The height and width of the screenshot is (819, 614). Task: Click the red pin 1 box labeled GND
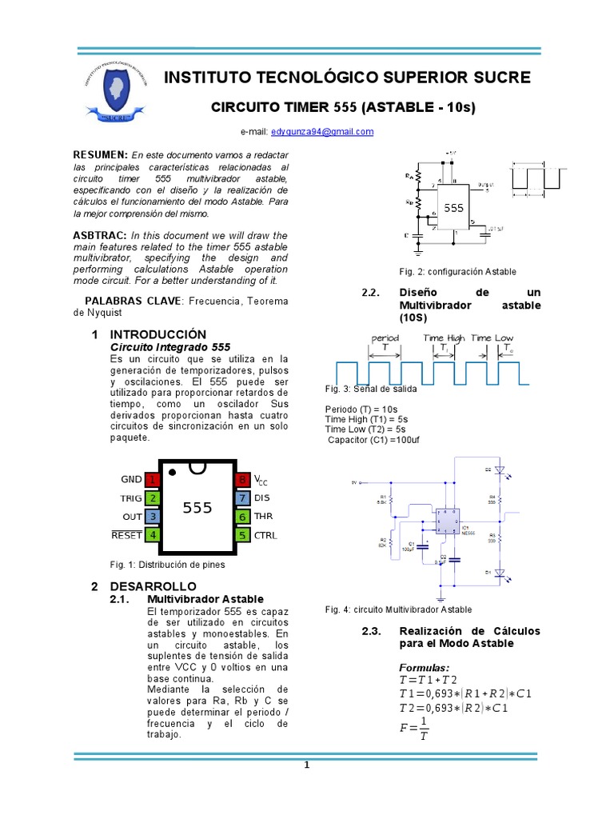pos(152,480)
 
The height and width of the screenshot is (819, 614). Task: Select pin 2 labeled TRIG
pos(152,498)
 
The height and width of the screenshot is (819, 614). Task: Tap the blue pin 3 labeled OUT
pos(152,517)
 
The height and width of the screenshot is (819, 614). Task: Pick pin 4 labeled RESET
pos(152,535)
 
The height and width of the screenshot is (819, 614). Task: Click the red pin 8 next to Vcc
pos(242,480)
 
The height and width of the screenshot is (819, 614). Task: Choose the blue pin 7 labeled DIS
pos(242,498)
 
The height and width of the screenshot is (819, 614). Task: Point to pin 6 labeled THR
pos(242,517)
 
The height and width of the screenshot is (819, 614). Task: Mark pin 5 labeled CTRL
pos(242,535)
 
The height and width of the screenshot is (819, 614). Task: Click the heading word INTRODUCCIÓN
pos(157,334)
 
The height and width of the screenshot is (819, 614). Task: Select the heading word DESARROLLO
pos(147,586)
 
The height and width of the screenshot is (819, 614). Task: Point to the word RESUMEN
pos(100,154)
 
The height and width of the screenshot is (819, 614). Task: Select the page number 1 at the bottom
pos(306,765)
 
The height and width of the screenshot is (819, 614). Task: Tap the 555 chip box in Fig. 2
pos(453,207)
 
